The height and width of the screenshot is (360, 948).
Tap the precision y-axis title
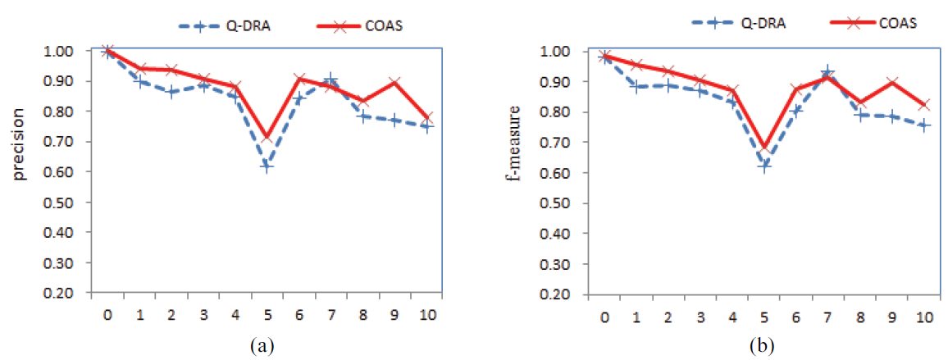[18, 171]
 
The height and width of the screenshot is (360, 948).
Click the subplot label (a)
[262, 346]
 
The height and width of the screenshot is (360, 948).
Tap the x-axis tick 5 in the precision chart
[267, 314]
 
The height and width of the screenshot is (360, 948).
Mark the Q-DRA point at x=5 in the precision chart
[267, 166]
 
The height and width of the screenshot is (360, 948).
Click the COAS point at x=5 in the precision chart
[267, 136]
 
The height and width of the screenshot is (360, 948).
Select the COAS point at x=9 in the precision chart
[394, 82]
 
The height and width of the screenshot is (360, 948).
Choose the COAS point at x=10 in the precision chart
[426, 118]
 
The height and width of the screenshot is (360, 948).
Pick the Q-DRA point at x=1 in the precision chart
[139, 81]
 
